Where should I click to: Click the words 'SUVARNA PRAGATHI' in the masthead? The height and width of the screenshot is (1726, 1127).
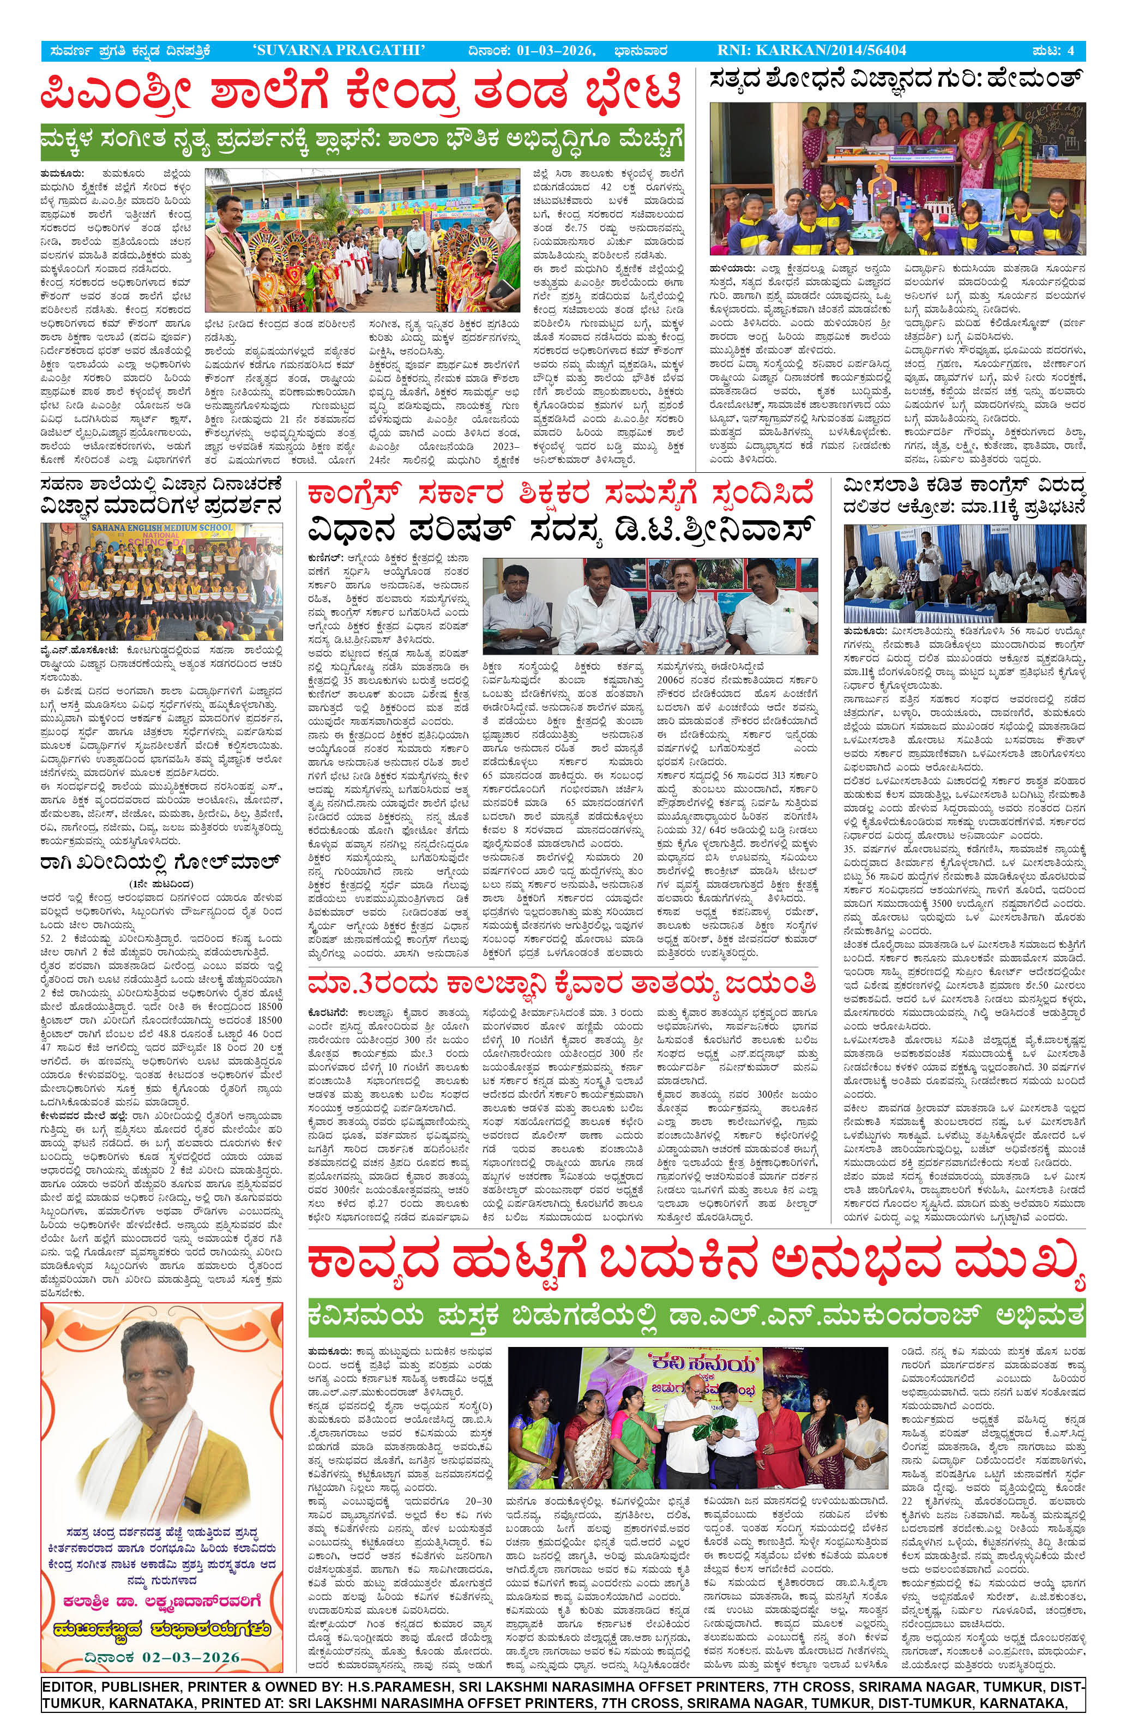pos(339,50)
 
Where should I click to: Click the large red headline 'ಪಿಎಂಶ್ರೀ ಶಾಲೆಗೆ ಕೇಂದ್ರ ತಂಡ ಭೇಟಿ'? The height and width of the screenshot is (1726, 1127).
pos(361,94)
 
